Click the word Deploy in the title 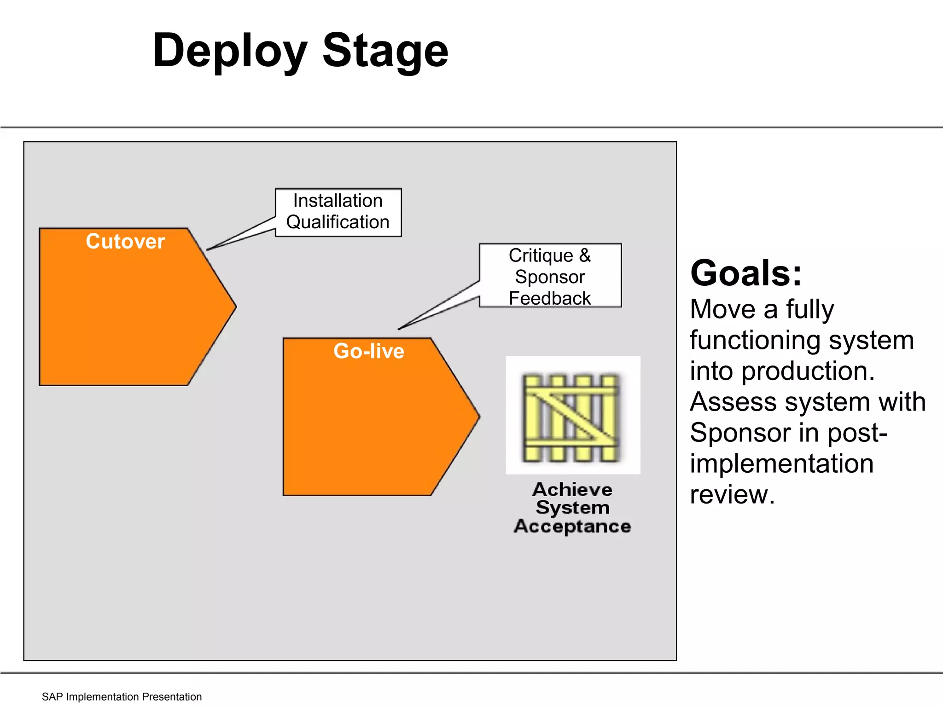229,52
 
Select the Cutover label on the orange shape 125,242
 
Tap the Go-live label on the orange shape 369,351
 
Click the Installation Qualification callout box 338,212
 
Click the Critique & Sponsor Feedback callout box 550,276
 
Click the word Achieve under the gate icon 572,489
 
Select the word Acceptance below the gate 572,526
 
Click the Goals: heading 746,273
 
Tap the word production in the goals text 808,371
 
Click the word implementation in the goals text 781,464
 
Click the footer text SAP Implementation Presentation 122,697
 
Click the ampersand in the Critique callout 585,255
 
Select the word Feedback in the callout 550,298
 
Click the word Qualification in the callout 338,222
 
